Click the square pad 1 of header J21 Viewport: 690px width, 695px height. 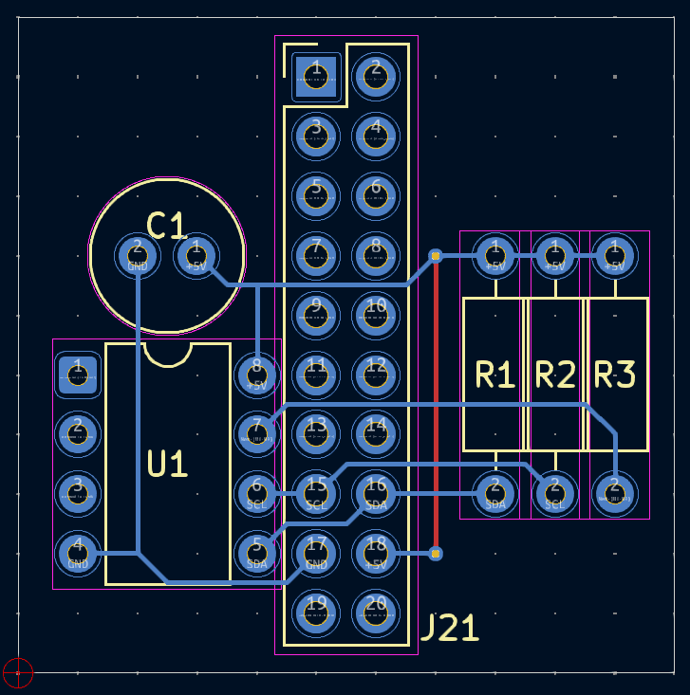[316, 77]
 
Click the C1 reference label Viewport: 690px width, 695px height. [167, 226]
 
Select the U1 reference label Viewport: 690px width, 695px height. [167, 464]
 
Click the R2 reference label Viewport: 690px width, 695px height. [555, 375]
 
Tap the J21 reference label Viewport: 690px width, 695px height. [449, 628]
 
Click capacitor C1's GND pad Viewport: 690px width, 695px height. [138, 255]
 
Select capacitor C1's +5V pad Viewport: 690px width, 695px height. [196, 255]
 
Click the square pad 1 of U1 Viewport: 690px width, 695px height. [78, 375]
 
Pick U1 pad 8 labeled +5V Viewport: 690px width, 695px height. [256, 375]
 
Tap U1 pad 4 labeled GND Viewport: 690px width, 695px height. [78, 553]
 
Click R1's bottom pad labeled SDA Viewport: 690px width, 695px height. [495, 493]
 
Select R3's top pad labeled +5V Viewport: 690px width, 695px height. [614, 255]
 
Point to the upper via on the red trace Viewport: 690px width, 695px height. [436, 255]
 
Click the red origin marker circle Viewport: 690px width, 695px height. [18, 672]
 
